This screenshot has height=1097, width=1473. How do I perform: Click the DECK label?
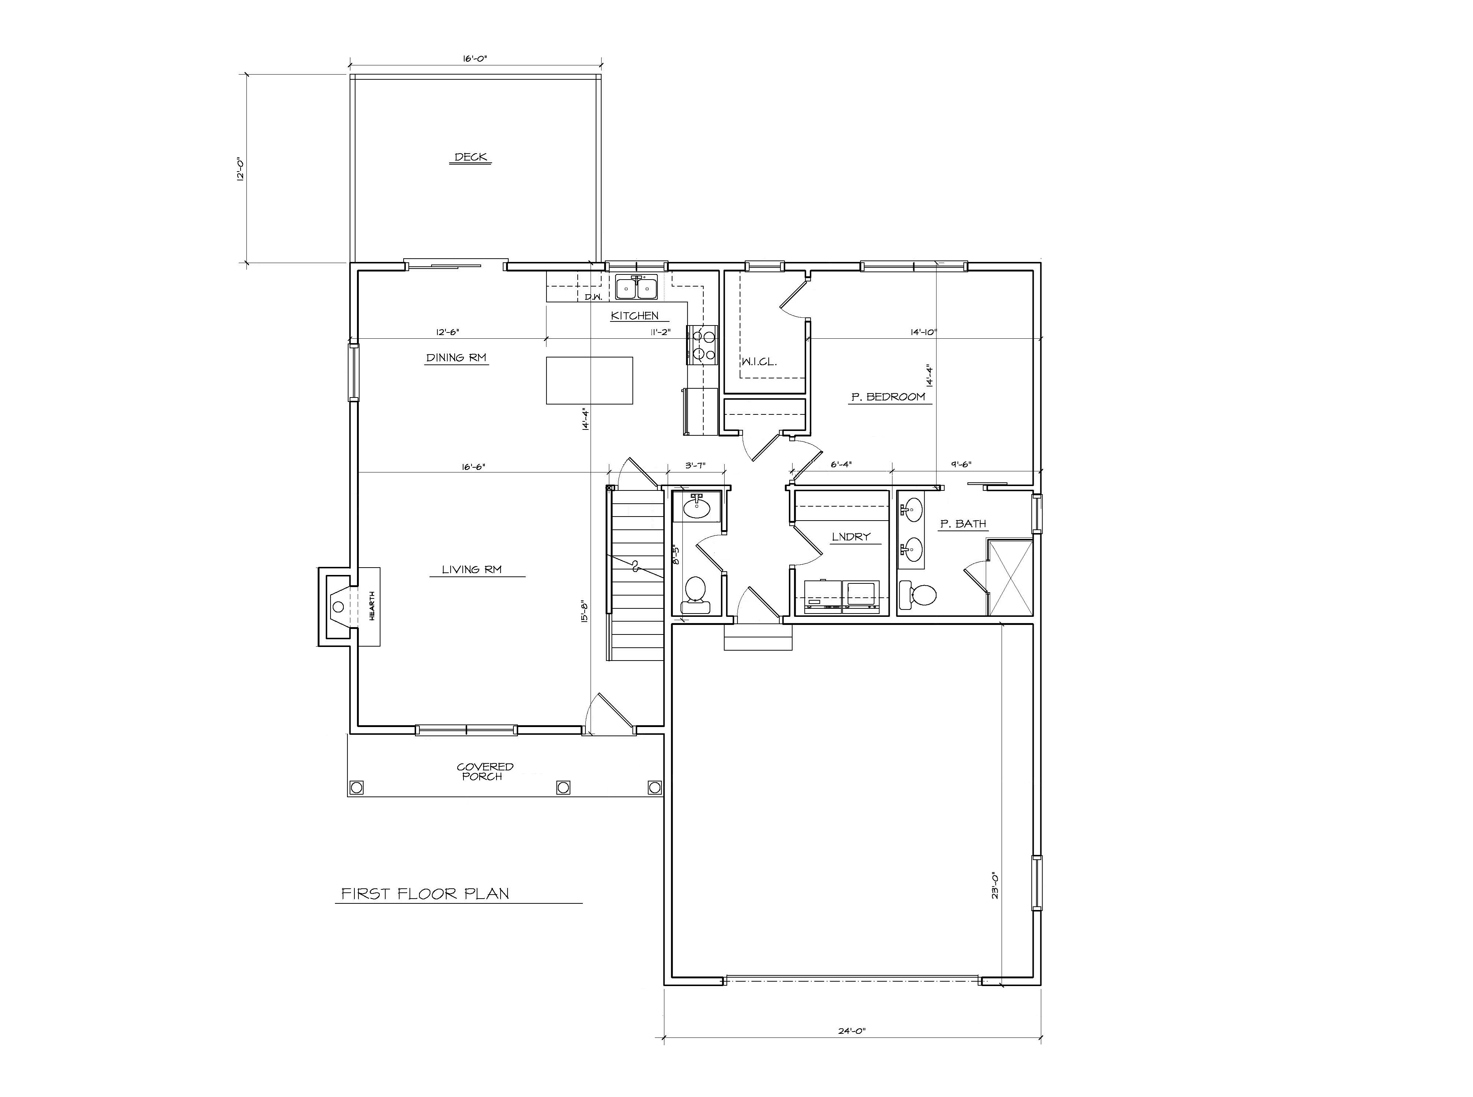(x=471, y=157)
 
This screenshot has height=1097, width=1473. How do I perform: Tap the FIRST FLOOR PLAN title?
(x=425, y=894)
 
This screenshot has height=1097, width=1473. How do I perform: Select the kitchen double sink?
(x=636, y=288)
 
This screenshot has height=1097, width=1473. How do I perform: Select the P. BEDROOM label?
(x=888, y=397)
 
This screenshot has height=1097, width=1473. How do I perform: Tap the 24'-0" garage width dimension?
(x=852, y=1031)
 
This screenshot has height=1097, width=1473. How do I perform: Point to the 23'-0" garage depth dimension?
(x=994, y=885)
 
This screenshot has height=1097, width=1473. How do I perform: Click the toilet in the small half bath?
(x=695, y=591)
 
